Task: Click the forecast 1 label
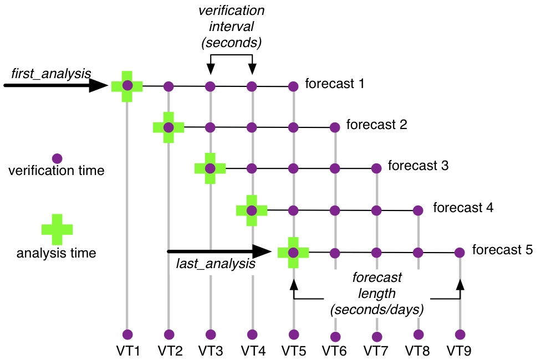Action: pyautogui.click(x=334, y=84)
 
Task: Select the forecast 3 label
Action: pyautogui.click(x=418, y=165)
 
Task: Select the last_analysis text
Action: pyautogui.click(x=216, y=264)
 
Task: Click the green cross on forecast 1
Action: pyautogui.click(x=127, y=86)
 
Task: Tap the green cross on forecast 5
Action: pyautogui.click(x=293, y=253)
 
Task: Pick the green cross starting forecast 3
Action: pyautogui.click(x=210, y=168)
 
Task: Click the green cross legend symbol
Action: pyautogui.click(x=57, y=228)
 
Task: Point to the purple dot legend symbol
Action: pyautogui.click(x=57, y=158)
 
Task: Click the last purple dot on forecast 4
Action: pyautogui.click(x=418, y=210)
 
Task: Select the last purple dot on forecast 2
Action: pyautogui.click(x=335, y=127)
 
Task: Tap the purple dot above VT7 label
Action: pyautogui.click(x=377, y=336)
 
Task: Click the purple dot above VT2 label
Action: pyautogui.click(x=169, y=335)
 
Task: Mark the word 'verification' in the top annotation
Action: pyautogui.click(x=232, y=11)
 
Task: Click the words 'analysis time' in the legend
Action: pyautogui.click(x=57, y=254)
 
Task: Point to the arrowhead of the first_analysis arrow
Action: pyautogui.click(x=100, y=85)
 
